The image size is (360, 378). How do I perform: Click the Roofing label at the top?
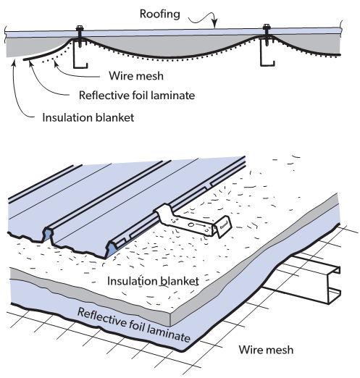click(x=160, y=14)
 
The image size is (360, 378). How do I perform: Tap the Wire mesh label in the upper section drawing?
click(x=136, y=76)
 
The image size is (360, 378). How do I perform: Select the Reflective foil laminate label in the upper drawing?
click(x=137, y=96)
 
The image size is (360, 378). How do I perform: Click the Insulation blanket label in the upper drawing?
click(x=88, y=117)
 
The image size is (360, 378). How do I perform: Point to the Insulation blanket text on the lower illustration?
click(x=153, y=281)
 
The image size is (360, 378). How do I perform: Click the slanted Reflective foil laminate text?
click(x=134, y=325)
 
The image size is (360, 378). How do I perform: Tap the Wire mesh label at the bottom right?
click(x=266, y=350)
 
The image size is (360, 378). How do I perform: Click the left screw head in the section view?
click(x=80, y=28)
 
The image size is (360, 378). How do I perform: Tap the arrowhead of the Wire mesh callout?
click(x=56, y=64)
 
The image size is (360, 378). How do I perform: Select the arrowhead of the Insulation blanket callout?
click(x=14, y=62)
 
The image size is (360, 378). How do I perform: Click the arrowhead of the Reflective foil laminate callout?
click(x=30, y=64)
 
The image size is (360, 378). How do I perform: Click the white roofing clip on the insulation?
click(x=193, y=220)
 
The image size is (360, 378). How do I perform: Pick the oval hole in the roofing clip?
click(x=191, y=225)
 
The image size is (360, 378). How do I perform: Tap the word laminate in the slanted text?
click(x=168, y=332)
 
